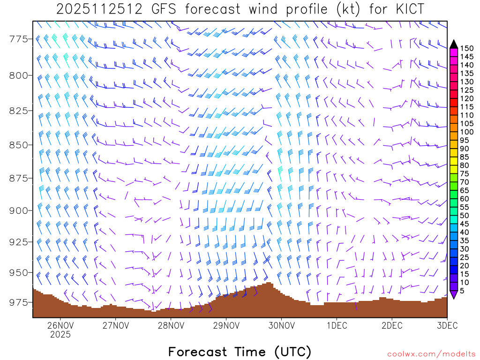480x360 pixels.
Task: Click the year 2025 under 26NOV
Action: click(x=60, y=335)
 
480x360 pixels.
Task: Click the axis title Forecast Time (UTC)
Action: click(x=240, y=352)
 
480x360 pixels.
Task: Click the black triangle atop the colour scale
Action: click(x=454, y=45)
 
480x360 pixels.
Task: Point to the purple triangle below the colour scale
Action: click(x=454, y=294)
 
